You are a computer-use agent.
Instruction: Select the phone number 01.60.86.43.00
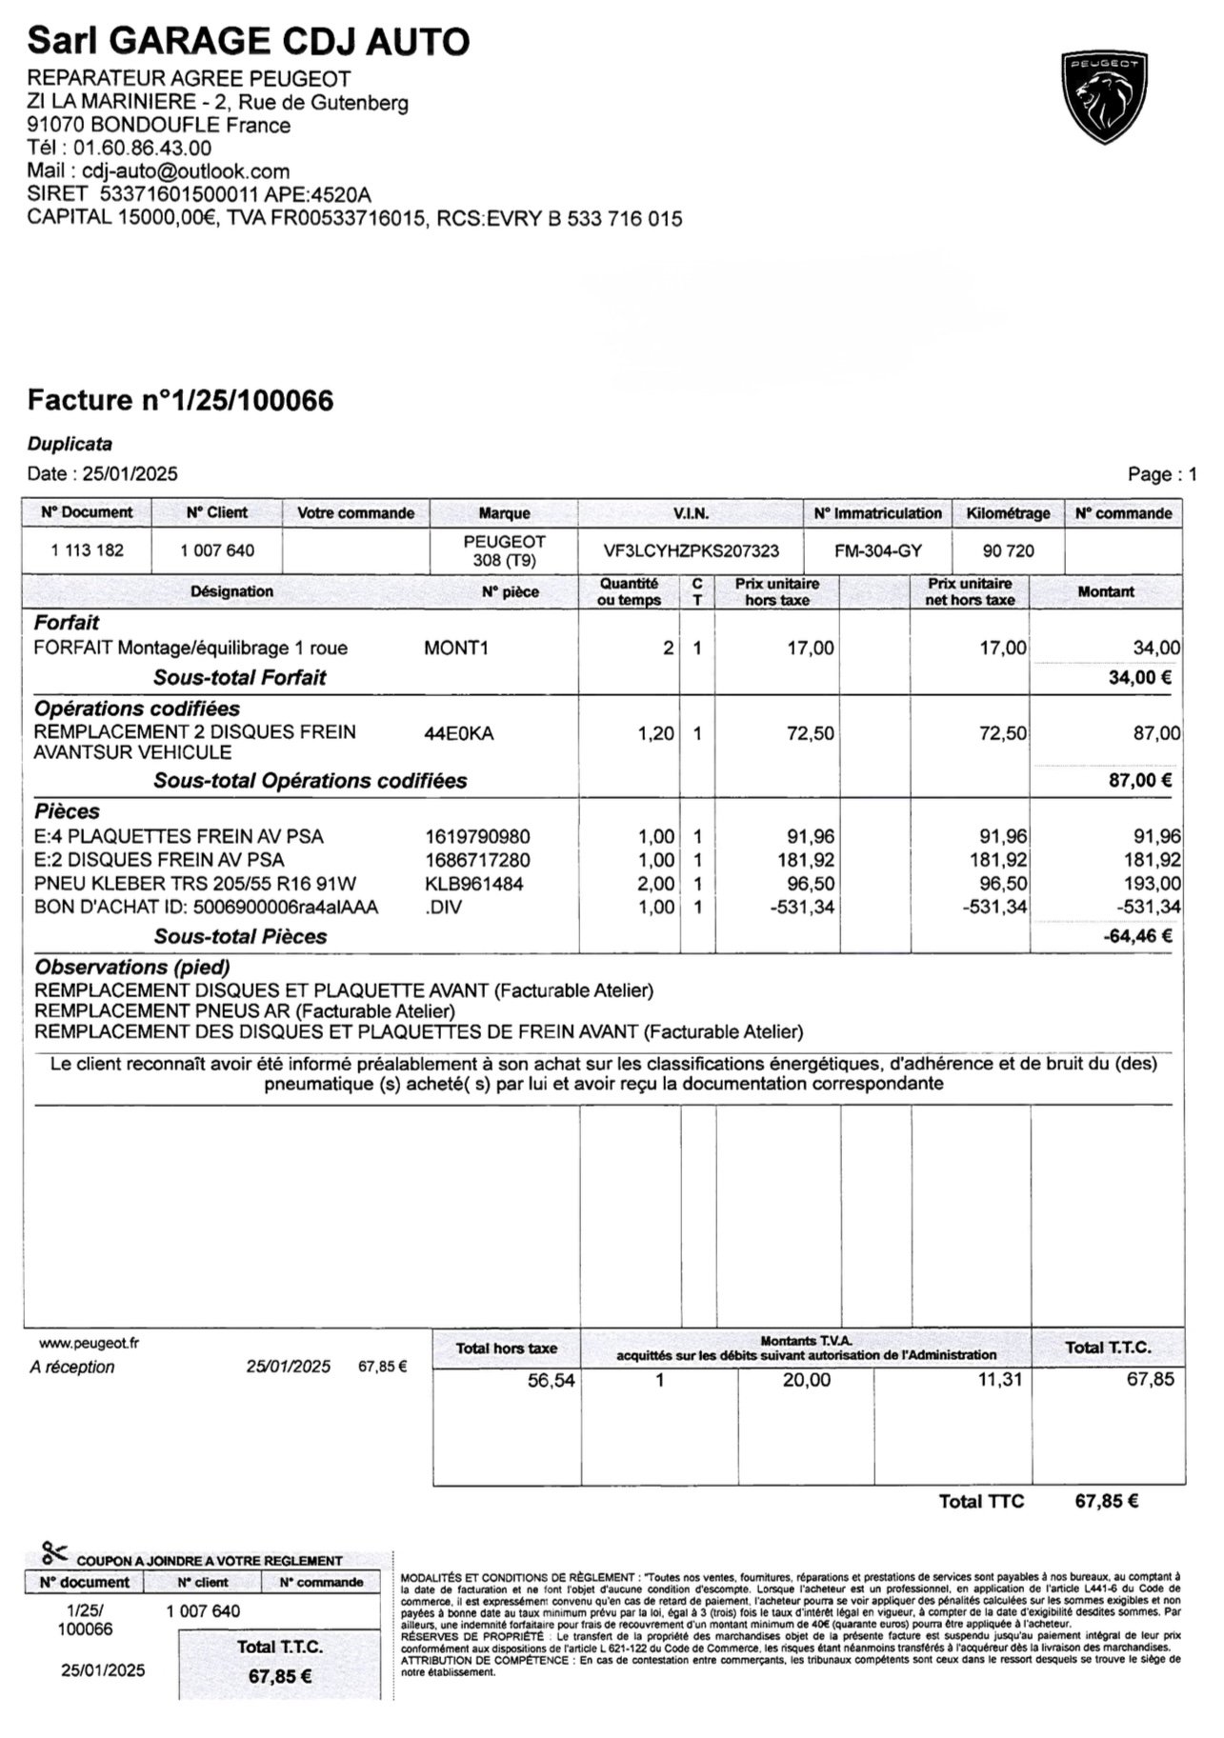coord(142,148)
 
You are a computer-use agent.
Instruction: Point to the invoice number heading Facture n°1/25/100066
coord(181,401)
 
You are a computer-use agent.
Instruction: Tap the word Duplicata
coord(70,444)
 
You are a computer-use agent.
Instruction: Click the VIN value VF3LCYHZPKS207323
coord(692,550)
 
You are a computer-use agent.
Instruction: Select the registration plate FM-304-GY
coord(877,550)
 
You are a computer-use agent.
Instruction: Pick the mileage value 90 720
coord(1008,550)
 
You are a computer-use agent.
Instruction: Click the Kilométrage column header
coord(1008,513)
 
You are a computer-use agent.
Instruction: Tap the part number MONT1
coord(456,649)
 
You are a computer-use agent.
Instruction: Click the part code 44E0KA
coord(459,733)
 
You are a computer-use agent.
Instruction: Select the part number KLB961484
coord(474,884)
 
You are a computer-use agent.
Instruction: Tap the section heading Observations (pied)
coord(132,968)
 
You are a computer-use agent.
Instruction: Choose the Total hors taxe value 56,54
coord(552,1380)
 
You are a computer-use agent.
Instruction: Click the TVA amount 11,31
coord(1000,1379)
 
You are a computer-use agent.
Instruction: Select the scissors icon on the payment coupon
coord(54,1553)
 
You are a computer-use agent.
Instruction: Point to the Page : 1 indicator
coord(1161,474)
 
